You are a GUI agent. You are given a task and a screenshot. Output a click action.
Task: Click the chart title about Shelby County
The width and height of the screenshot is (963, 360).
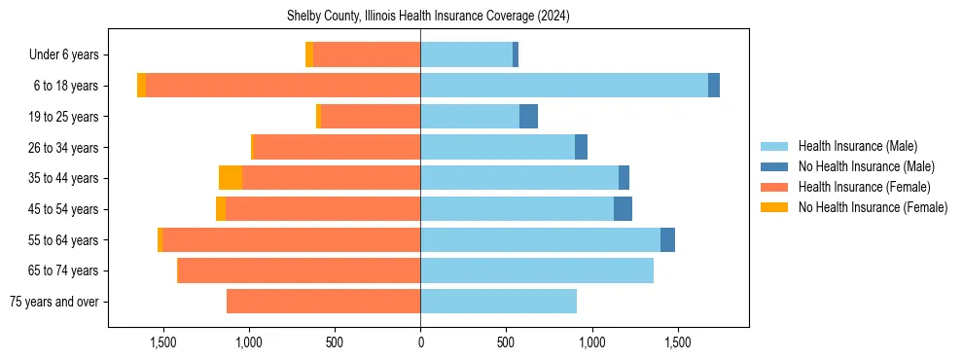pos(428,17)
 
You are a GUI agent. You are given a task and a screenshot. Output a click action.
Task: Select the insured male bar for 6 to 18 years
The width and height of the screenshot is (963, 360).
pos(564,86)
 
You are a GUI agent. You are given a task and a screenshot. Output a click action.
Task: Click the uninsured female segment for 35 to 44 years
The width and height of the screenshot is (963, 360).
pos(231,178)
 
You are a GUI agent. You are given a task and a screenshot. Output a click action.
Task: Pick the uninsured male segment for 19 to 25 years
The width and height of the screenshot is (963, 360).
pos(528,117)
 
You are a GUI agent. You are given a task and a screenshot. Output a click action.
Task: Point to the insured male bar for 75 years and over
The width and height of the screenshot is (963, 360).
pos(498,302)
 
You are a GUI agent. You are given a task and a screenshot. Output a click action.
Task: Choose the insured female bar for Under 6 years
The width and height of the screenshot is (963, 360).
pos(367,55)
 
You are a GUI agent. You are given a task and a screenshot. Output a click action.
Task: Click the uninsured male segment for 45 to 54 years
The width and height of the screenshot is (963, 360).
pos(623,209)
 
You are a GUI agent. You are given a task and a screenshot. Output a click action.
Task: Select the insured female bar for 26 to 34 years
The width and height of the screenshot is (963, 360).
pos(337,148)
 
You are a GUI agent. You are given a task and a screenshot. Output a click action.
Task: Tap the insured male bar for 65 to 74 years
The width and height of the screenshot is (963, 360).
pos(537,270)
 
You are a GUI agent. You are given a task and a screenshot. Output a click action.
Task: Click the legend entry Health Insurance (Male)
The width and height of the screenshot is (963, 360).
pos(857,146)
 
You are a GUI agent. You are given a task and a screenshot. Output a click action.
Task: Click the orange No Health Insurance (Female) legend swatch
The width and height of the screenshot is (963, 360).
pos(774,207)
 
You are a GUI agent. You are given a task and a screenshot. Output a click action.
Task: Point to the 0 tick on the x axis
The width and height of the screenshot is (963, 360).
pos(420,342)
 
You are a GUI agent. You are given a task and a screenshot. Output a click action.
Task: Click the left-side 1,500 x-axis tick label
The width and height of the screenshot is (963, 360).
pos(162,342)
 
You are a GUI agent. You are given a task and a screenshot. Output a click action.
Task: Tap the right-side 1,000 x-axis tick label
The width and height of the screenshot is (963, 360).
pos(591,342)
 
